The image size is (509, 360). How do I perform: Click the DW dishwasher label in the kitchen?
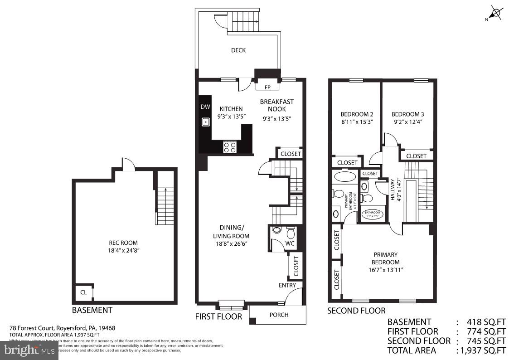[205, 107]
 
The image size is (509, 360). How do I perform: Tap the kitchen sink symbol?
[205, 122]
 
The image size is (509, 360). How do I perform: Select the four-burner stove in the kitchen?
[230, 147]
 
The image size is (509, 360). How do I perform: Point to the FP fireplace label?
[267, 87]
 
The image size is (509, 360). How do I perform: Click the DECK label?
[238, 50]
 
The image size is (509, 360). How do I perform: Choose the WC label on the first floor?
[290, 244]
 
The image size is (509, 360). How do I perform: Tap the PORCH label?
[279, 315]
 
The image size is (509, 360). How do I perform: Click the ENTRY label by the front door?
[287, 285]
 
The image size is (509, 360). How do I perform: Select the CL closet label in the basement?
[83, 292]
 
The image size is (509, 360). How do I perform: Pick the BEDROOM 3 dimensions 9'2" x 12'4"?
[408, 122]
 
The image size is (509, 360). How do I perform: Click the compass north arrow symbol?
[497, 13]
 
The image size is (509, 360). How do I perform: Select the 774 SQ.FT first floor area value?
[486, 331]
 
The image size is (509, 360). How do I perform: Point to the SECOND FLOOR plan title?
[356, 311]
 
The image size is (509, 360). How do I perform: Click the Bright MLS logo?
[29, 350]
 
